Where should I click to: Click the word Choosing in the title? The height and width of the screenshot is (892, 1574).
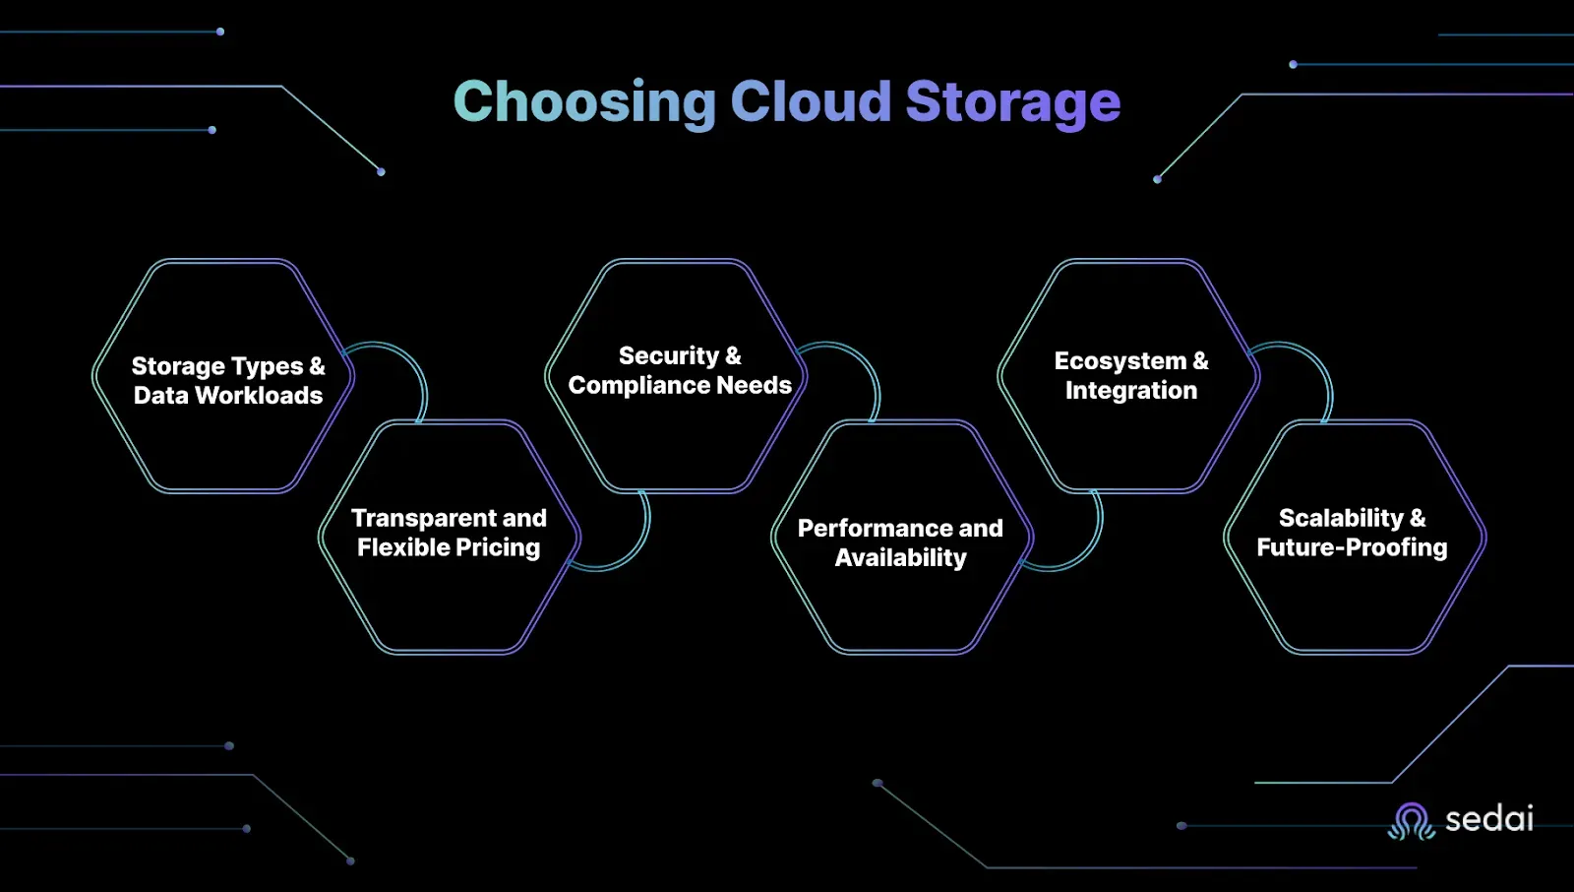(x=584, y=102)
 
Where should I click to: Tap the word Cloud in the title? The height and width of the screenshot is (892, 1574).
(x=811, y=101)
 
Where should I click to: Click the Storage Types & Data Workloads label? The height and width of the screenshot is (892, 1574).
(x=228, y=381)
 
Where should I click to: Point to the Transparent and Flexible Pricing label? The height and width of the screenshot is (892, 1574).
(x=449, y=533)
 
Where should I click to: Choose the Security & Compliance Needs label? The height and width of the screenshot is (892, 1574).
(x=680, y=370)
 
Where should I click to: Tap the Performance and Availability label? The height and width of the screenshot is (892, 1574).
(x=900, y=542)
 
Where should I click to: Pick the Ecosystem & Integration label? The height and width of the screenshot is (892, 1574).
(x=1131, y=375)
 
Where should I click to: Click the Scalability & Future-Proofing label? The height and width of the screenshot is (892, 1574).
(x=1352, y=533)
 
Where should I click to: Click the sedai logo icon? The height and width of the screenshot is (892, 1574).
(x=1411, y=821)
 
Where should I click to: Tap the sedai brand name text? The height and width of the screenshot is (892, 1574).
(x=1489, y=819)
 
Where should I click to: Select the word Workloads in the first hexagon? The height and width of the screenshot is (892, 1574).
(x=259, y=396)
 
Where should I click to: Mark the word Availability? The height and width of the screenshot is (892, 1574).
(x=900, y=558)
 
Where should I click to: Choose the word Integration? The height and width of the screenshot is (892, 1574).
(x=1131, y=391)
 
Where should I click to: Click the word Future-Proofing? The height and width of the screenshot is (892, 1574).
(x=1352, y=548)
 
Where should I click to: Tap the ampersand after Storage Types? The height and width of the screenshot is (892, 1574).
(x=317, y=366)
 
